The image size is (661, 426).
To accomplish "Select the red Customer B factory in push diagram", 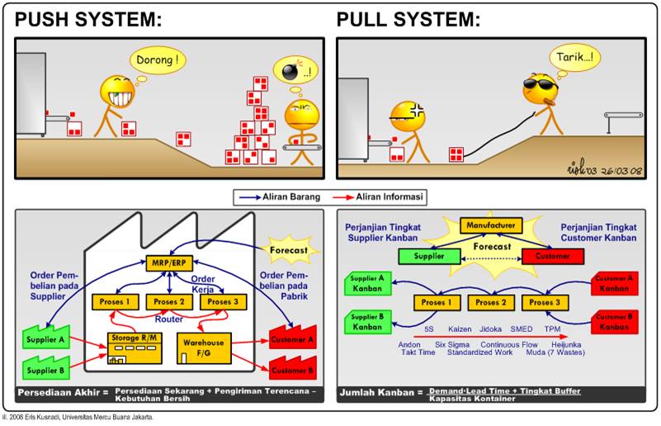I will pyautogui.click(x=294, y=367).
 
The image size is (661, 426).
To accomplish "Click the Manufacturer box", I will pyautogui.click(x=493, y=225).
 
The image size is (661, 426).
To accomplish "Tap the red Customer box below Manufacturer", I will pyautogui.click(x=552, y=256).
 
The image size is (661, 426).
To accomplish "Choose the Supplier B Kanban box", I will pyautogui.click(x=367, y=322).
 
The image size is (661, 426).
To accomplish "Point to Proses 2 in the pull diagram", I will pyautogui.click(x=492, y=302).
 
